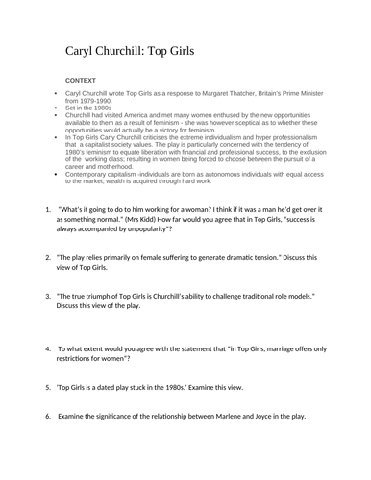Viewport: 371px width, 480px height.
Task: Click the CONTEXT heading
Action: [82, 80]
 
